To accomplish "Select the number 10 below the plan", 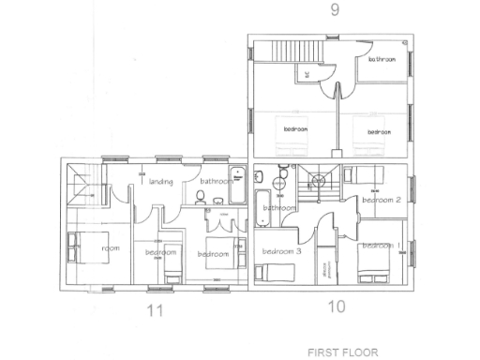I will [337, 306].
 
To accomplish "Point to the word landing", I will [160, 182].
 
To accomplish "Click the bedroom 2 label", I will [382, 200].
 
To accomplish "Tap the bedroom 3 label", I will [281, 251].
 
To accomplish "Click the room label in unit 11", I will [111, 248].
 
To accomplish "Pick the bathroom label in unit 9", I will [382, 59].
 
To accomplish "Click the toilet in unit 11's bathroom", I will [199, 197].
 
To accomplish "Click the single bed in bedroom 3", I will [277, 272].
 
